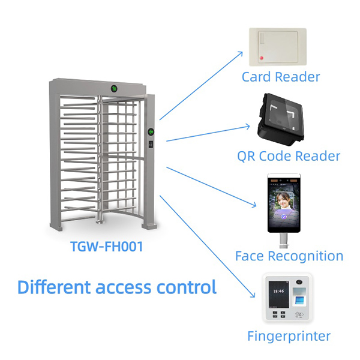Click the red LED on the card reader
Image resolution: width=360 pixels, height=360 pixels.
[261, 58]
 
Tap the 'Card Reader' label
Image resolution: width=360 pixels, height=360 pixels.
[281, 77]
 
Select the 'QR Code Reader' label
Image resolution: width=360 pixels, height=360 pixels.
[288, 156]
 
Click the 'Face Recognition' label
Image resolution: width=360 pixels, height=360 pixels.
[289, 256]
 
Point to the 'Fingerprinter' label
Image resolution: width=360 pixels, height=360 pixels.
[289, 336]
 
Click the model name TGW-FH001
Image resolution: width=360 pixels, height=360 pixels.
[106, 247]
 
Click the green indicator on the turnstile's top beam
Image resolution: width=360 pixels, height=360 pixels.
[114, 88]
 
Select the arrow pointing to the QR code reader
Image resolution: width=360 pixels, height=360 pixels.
[207, 133]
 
